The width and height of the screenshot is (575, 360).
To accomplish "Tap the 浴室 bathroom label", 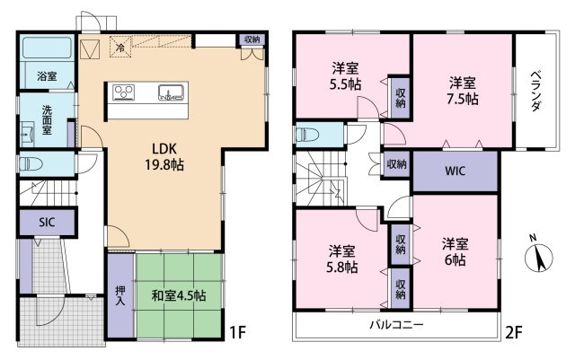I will point(46,77).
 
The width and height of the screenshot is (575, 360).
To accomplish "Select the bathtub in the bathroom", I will point(47,48).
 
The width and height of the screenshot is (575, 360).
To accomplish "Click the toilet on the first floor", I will point(31,164).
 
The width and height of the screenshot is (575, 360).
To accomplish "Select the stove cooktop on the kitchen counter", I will point(124,92).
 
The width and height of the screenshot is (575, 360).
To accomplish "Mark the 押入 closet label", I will point(120,296).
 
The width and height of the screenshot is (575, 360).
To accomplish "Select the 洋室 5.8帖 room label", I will point(341,258).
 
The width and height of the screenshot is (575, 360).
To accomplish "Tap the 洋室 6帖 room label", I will point(455,250).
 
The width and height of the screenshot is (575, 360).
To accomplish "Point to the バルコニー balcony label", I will point(395,324).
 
